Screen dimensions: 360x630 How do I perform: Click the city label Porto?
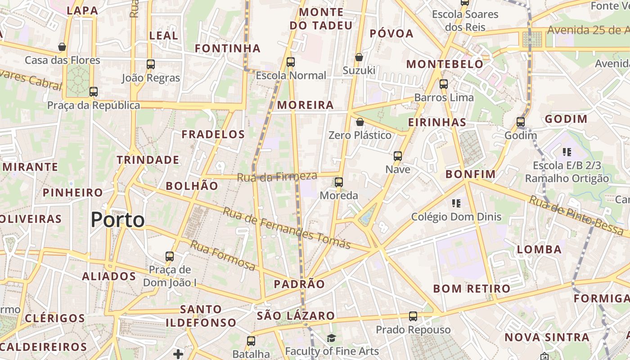pyautogui.click(x=118, y=220)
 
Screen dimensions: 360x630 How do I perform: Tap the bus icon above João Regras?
pyautogui.click(x=151, y=64)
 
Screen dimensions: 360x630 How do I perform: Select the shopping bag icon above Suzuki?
pyautogui.click(x=359, y=57)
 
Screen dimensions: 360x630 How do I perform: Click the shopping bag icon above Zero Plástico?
pyautogui.click(x=360, y=122)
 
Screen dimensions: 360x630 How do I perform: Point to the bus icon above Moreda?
pyautogui.click(x=339, y=182)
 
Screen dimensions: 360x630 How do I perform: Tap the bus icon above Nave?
pyautogui.click(x=398, y=156)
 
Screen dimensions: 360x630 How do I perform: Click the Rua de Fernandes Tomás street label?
pyautogui.click(x=287, y=229)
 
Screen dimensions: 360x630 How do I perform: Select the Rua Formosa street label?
pyautogui.click(x=222, y=256)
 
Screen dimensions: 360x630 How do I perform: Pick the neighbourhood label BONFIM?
pyautogui.click(x=470, y=174)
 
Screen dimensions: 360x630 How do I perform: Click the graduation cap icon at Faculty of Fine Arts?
pyautogui.click(x=332, y=338)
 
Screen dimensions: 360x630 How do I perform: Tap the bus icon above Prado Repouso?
pyautogui.click(x=413, y=316)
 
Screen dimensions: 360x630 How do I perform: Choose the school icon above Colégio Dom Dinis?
pyautogui.click(x=456, y=203)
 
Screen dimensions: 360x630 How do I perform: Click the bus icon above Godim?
pyautogui.click(x=521, y=122)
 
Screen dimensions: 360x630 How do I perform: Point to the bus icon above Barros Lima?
pyautogui.click(x=444, y=84)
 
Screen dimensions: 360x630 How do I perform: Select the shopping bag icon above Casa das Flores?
pyautogui.click(x=62, y=47)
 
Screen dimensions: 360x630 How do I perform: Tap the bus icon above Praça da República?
pyautogui.click(x=94, y=92)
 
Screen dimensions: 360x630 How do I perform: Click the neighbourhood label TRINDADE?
pyautogui.click(x=148, y=160)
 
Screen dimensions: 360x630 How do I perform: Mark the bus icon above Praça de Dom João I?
pyautogui.click(x=170, y=256)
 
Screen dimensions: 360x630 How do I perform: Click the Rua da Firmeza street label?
pyautogui.click(x=277, y=177)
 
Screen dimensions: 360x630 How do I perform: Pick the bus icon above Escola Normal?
pyautogui.click(x=291, y=62)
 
